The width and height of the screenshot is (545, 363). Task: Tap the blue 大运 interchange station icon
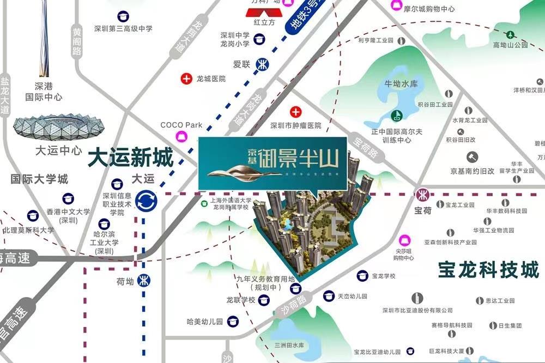146,201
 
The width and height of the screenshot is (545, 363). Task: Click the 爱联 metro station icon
263,64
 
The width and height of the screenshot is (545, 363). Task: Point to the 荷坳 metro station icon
144,282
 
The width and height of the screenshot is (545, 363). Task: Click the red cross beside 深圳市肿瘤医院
296,113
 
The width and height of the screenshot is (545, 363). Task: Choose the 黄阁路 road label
76,43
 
